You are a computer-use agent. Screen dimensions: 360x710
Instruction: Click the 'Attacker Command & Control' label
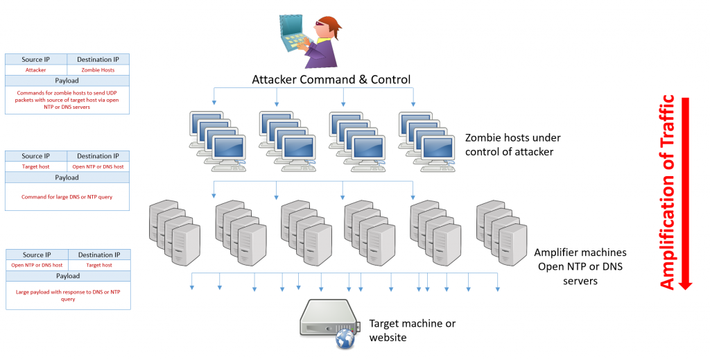(x=331, y=79)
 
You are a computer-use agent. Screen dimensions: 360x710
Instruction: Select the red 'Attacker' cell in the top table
(x=36, y=70)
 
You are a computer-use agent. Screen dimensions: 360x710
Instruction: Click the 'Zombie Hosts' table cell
(x=98, y=70)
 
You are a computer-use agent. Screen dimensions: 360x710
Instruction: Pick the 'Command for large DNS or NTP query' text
(x=67, y=197)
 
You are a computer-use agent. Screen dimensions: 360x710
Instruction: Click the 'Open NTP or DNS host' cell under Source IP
(x=37, y=265)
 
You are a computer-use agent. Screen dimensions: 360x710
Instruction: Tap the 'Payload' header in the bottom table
(x=67, y=276)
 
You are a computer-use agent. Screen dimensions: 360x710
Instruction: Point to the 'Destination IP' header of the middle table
(x=98, y=156)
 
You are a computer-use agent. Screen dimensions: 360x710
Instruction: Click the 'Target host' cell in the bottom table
(x=98, y=265)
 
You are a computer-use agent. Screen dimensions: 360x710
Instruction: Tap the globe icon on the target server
(x=345, y=338)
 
